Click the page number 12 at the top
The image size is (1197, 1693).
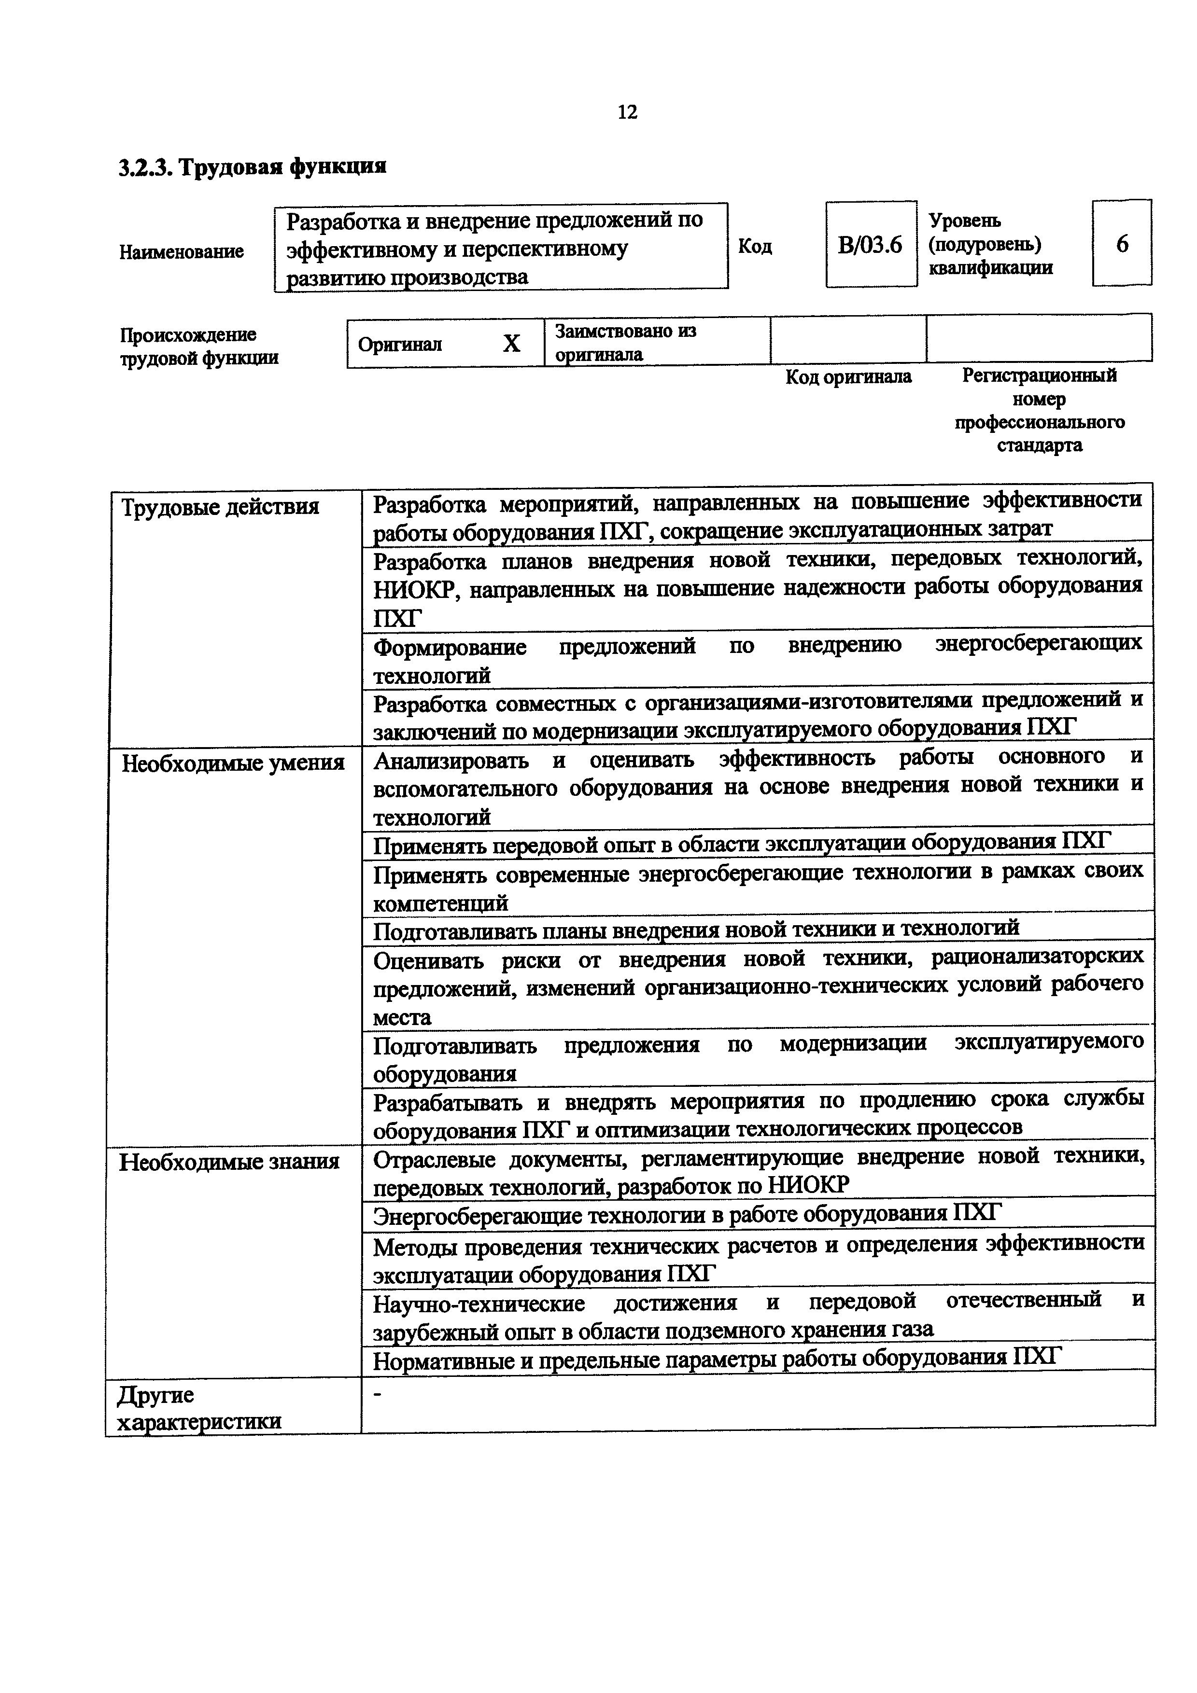click(627, 112)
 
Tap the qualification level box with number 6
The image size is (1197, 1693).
click(1122, 243)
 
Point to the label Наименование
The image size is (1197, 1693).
click(182, 251)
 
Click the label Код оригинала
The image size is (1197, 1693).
click(848, 377)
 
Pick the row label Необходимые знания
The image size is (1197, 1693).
click(229, 1162)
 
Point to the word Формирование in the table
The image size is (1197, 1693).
click(450, 647)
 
